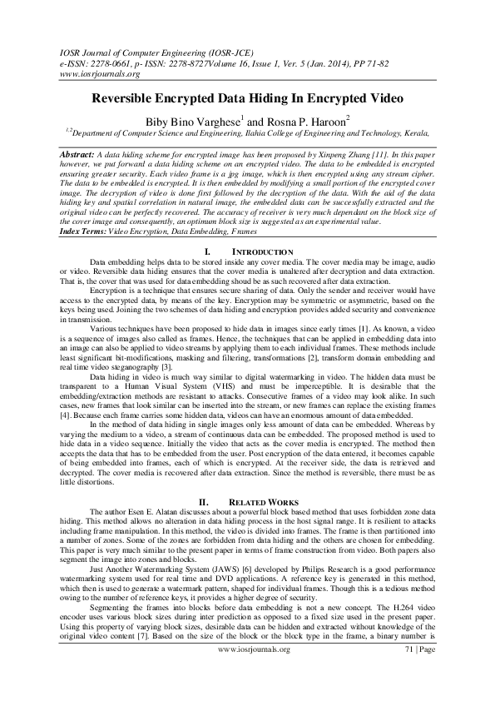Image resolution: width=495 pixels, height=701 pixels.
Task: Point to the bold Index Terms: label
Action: click(90, 231)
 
